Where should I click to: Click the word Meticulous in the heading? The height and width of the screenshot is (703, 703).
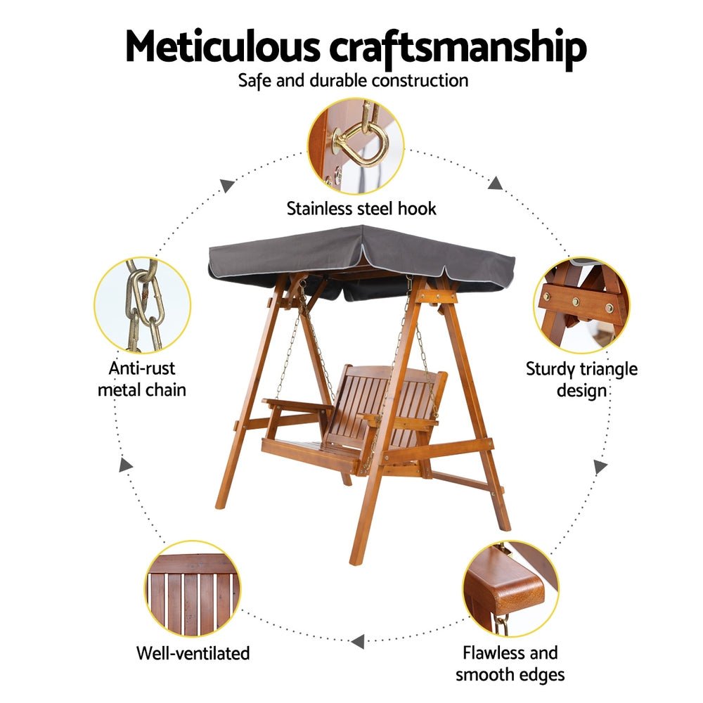tap(223, 46)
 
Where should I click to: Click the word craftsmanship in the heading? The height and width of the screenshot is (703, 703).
tap(458, 49)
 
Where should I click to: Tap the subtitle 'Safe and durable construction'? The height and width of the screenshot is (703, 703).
tap(354, 81)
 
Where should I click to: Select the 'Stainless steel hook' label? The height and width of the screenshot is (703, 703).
tap(361, 209)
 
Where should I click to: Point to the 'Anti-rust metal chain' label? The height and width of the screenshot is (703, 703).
tap(142, 379)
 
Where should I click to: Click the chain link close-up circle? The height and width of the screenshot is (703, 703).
tap(143, 305)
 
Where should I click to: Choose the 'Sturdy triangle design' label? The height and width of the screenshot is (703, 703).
tap(581, 380)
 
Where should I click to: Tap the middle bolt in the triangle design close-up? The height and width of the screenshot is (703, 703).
tap(576, 302)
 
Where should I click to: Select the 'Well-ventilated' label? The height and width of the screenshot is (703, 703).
tap(193, 653)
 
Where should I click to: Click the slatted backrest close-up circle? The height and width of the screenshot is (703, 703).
tap(193, 588)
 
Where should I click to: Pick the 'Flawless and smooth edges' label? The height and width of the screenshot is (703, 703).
tap(510, 664)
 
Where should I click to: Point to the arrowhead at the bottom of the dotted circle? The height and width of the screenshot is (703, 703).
tap(358, 642)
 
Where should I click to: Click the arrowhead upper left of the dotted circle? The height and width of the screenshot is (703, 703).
tap(228, 185)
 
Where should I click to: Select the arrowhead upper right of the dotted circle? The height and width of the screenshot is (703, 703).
tap(495, 183)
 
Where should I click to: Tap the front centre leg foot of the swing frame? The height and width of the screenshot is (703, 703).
tap(355, 560)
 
